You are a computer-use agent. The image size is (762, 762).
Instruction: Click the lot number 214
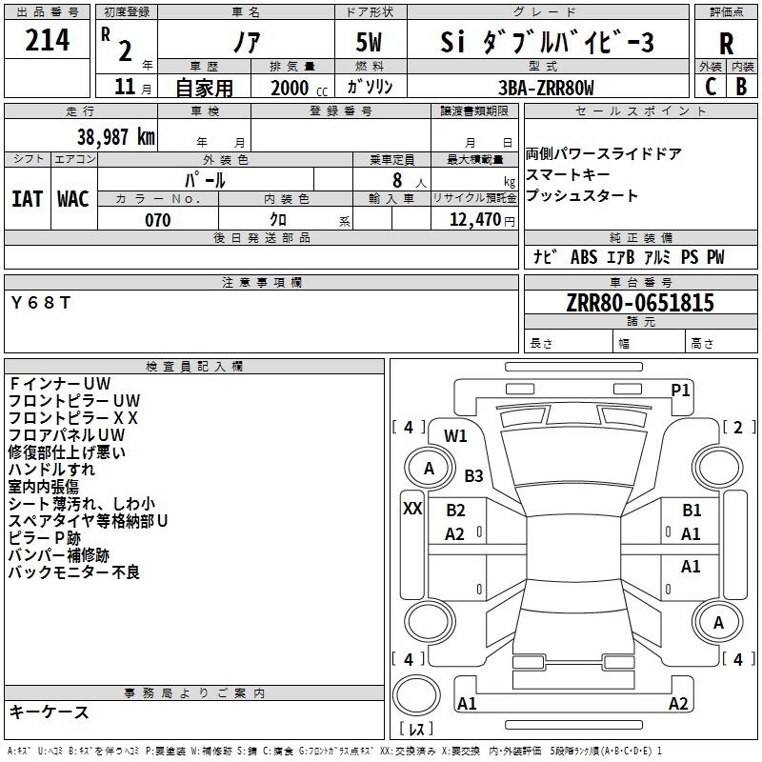[x=48, y=40]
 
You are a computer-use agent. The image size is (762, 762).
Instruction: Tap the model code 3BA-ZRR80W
[x=546, y=88]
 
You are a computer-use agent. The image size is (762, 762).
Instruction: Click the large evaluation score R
[x=726, y=44]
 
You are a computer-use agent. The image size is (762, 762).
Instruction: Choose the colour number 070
[x=157, y=220]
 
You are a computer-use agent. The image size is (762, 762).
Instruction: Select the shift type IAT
[x=27, y=198]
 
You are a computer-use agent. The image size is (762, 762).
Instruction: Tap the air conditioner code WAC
[x=72, y=198]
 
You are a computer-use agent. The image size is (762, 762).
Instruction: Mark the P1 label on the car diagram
[x=680, y=390]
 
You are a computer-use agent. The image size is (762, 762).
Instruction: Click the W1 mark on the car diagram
[x=455, y=435]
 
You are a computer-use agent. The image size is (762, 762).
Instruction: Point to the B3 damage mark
[x=473, y=475]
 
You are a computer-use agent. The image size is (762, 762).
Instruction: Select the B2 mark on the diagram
[x=455, y=511]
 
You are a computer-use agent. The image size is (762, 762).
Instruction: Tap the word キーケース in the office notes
[x=49, y=712]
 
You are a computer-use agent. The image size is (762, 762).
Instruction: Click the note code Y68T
[x=41, y=302]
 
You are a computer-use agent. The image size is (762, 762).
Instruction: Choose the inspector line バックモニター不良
[x=74, y=572]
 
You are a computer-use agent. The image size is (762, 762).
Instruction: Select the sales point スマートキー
[x=569, y=175]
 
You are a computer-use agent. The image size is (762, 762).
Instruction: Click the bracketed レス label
[x=416, y=730]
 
